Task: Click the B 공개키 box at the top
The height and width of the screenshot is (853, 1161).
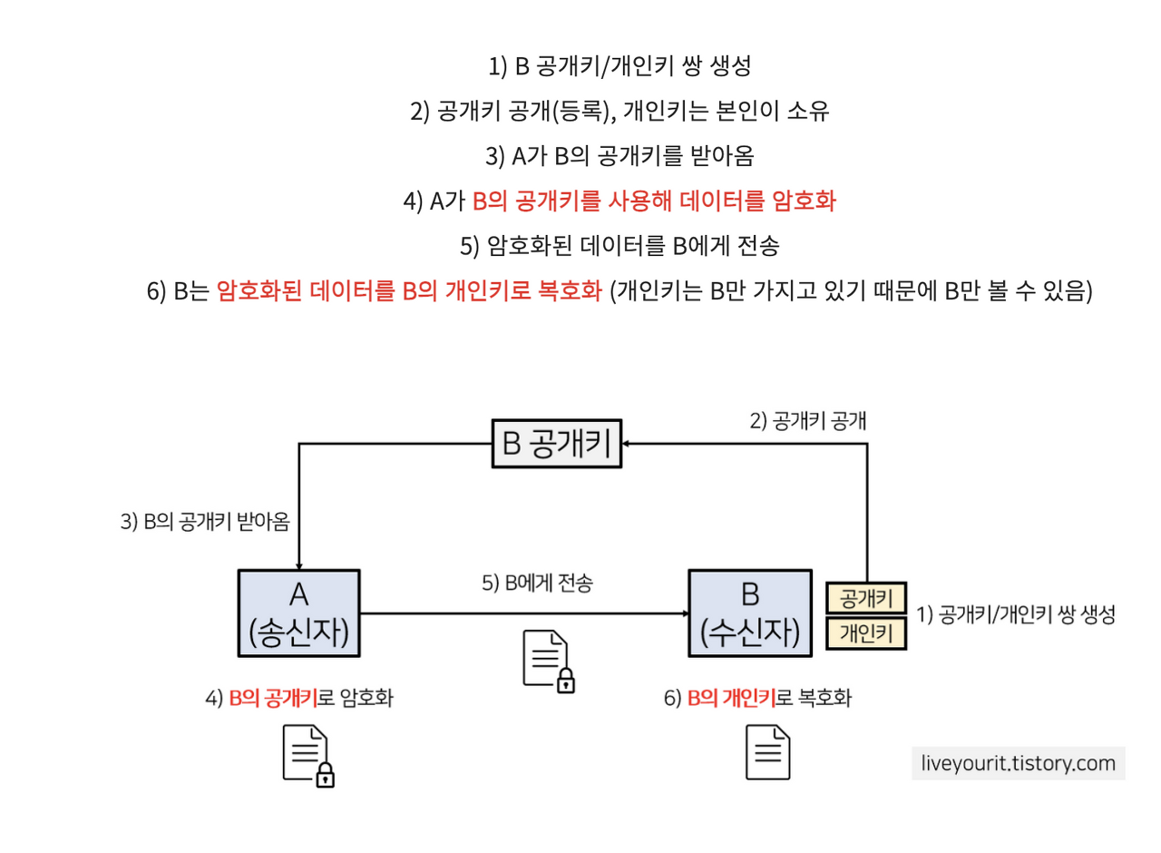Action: coord(557,444)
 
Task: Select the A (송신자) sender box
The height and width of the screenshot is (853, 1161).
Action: coord(299,613)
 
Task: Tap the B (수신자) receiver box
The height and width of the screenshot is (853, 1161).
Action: coord(749,613)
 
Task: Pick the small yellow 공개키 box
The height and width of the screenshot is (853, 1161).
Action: coord(866,599)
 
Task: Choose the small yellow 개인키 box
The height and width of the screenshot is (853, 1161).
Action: coord(866,632)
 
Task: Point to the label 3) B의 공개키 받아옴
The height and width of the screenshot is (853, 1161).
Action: coord(210,523)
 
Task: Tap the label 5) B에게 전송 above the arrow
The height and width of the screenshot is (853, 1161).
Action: coord(536,583)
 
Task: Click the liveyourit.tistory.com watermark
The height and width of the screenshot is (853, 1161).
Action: coord(1018,763)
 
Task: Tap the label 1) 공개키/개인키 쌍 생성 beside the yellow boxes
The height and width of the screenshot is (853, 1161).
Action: coord(1016,614)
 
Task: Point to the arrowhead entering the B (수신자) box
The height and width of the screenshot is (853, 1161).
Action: coord(683,613)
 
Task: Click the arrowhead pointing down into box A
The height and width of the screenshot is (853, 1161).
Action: coord(299,564)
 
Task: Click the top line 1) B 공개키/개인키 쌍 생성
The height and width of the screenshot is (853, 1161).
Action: coord(620,66)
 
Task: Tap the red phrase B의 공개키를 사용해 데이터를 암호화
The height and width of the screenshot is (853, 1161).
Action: coord(653,201)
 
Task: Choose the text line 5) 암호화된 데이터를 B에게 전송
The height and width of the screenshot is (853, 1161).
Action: coord(620,246)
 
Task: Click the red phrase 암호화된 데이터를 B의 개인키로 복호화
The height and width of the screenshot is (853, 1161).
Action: coord(410,292)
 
